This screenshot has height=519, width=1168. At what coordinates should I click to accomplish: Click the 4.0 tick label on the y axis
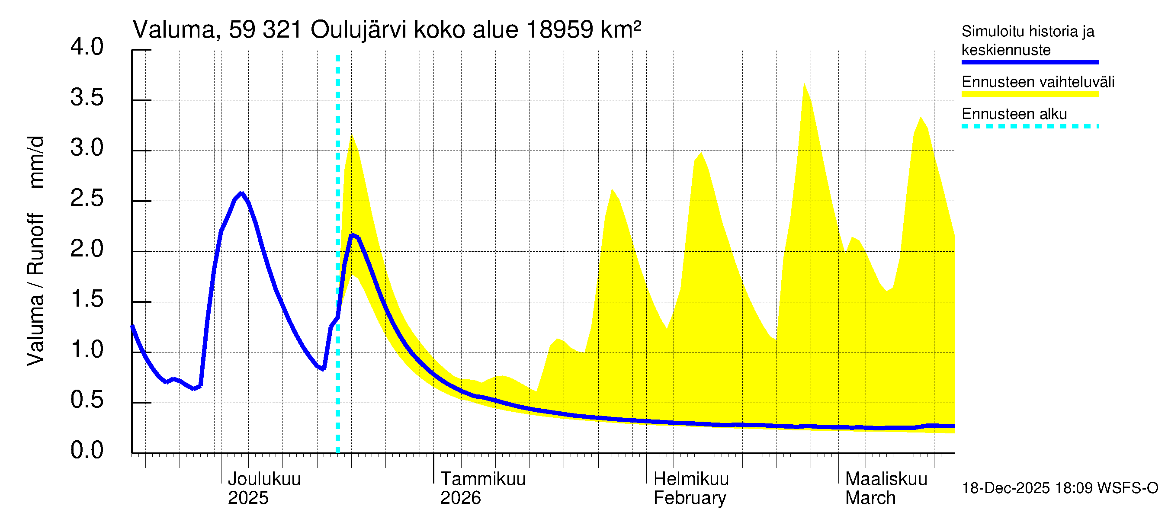pyautogui.click(x=87, y=47)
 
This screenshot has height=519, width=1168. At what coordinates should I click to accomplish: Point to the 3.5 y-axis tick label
pyautogui.click(x=87, y=97)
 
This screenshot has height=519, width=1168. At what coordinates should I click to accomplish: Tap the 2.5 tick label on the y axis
pyautogui.click(x=87, y=199)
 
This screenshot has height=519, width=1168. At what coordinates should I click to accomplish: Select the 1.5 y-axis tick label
pyautogui.click(x=87, y=299)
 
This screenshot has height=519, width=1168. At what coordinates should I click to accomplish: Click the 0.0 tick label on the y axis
pyautogui.click(x=87, y=450)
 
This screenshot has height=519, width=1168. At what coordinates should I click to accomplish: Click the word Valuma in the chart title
pyautogui.click(x=173, y=30)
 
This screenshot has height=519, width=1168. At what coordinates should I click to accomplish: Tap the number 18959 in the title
pyautogui.click(x=559, y=30)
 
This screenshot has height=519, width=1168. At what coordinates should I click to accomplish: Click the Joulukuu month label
pyautogui.click(x=264, y=479)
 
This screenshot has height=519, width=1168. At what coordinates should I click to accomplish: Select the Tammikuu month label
pyautogui.click(x=482, y=479)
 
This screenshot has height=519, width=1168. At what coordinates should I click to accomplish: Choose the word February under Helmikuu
pyautogui.click(x=689, y=498)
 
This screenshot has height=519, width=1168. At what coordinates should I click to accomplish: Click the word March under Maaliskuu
pyautogui.click(x=870, y=498)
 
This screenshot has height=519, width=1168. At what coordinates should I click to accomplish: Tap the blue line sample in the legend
pyautogui.click(x=1030, y=62)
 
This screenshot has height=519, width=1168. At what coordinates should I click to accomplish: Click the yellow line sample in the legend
pyautogui.click(x=1030, y=94)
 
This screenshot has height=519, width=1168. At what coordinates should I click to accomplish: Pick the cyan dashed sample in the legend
pyautogui.click(x=1030, y=126)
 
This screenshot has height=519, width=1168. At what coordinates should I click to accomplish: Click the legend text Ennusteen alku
pyautogui.click(x=1014, y=114)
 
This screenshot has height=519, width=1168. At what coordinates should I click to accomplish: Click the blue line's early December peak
pyautogui.click(x=242, y=194)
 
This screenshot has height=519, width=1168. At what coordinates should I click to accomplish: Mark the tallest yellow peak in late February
pyautogui.click(x=804, y=84)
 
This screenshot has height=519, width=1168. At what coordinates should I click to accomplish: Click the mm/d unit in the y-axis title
pyautogui.click(x=36, y=162)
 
